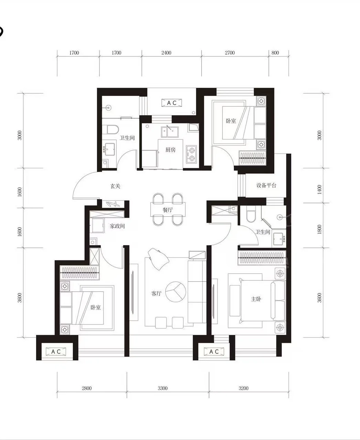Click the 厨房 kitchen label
[170, 150]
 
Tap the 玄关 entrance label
[115, 186]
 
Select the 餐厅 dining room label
[168, 210]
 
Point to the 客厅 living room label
[156, 293]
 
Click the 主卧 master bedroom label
[256, 299]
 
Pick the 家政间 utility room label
[117, 226]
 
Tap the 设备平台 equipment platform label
[266, 185]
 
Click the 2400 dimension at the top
[166, 53]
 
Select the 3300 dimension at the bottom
[163, 388]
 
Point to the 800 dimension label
[275, 53]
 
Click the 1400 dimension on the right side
[319, 190]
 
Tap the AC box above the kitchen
[172, 103]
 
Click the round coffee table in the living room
[176, 292]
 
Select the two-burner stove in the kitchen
[191, 154]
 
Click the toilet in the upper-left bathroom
[113, 129]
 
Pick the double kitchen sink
[170, 132]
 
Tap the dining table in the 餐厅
[168, 210]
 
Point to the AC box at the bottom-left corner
[56, 352]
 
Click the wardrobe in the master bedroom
[262, 258]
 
